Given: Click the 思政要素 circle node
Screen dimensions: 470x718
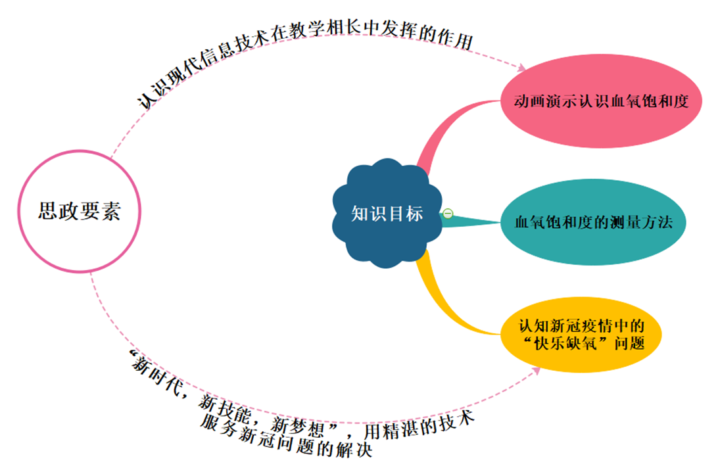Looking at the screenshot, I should tap(79, 211).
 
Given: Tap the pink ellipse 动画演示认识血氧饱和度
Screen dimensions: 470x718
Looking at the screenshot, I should tap(600, 102).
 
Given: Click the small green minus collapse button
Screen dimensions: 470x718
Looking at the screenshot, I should tap(448, 213).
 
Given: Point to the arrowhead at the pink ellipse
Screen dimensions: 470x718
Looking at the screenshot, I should tap(523, 68).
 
